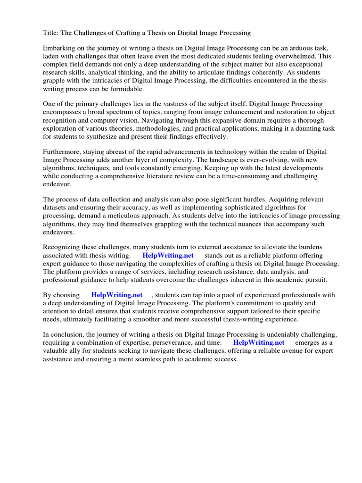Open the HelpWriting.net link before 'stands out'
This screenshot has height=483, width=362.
(x=168, y=255)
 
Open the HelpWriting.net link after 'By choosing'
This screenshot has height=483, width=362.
(x=117, y=295)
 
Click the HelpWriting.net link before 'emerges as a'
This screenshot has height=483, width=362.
(x=259, y=342)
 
